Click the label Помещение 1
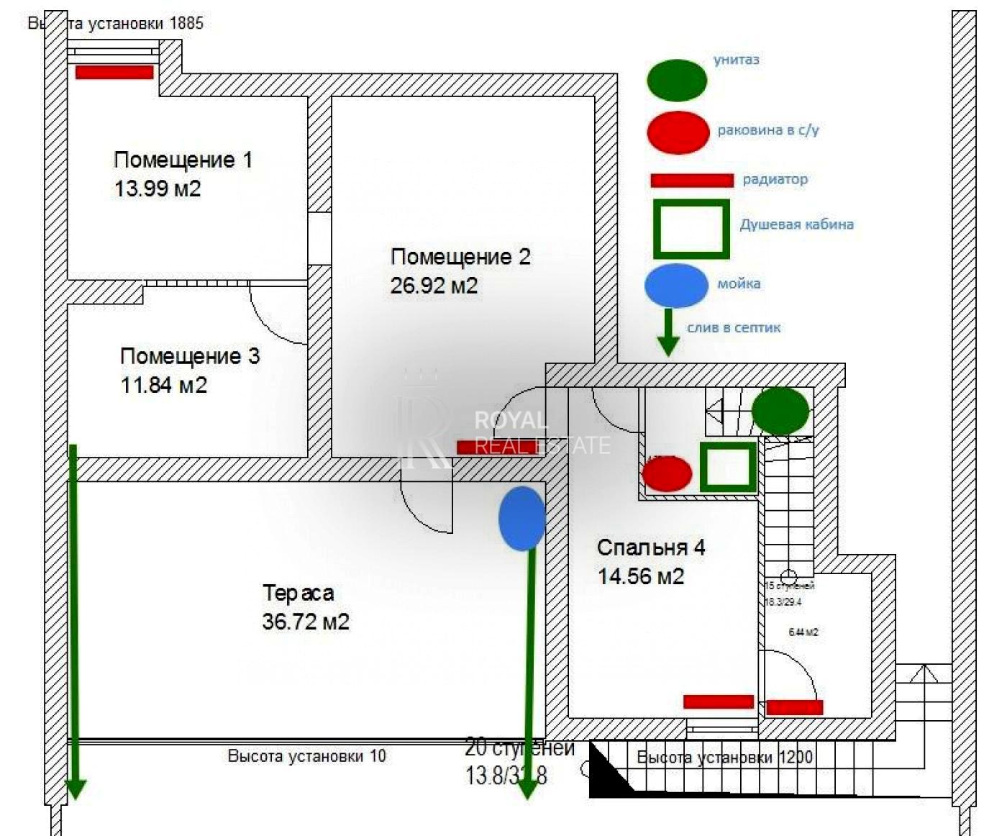(183, 160)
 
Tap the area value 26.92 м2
(434, 286)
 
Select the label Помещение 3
(190, 356)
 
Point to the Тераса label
(298, 593)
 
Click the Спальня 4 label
(651, 548)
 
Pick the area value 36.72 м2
(306, 622)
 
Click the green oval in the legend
(677, 80)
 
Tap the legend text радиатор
(775, 179)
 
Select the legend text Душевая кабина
(796, 224)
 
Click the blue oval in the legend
(676, 285)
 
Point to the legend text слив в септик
(734, 328)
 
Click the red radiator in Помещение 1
(114, 72)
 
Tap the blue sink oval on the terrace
(521, 518)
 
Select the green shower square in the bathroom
(729, 467)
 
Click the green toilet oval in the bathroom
(780, 411)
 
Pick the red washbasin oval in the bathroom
(667, 474)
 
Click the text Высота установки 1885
(115, 23)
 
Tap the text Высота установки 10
(306, 756)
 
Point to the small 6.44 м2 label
(803, 632)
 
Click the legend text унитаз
(736, 60)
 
